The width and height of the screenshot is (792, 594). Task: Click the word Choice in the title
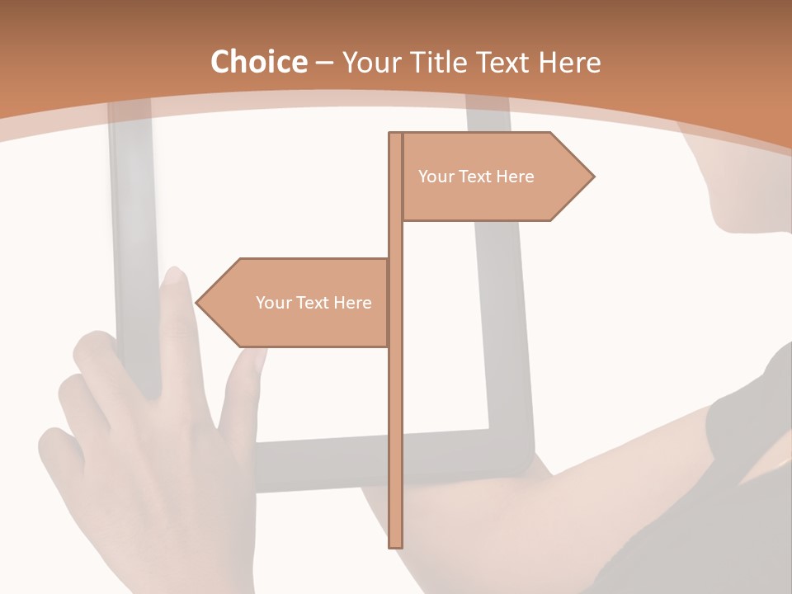point(258,63)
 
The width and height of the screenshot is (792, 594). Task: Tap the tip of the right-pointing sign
point(592,177)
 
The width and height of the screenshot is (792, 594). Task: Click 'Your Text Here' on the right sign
point(476,177)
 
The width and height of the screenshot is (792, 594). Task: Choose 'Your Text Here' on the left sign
point(313,303)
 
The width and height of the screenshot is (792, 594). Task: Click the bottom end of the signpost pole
point(395,544)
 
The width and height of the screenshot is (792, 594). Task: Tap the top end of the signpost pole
point(395,135)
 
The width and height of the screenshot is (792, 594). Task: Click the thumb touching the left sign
point(247,363)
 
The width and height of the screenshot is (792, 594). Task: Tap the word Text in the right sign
point(476,177)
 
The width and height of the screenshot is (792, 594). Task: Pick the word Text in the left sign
point(313,303)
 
